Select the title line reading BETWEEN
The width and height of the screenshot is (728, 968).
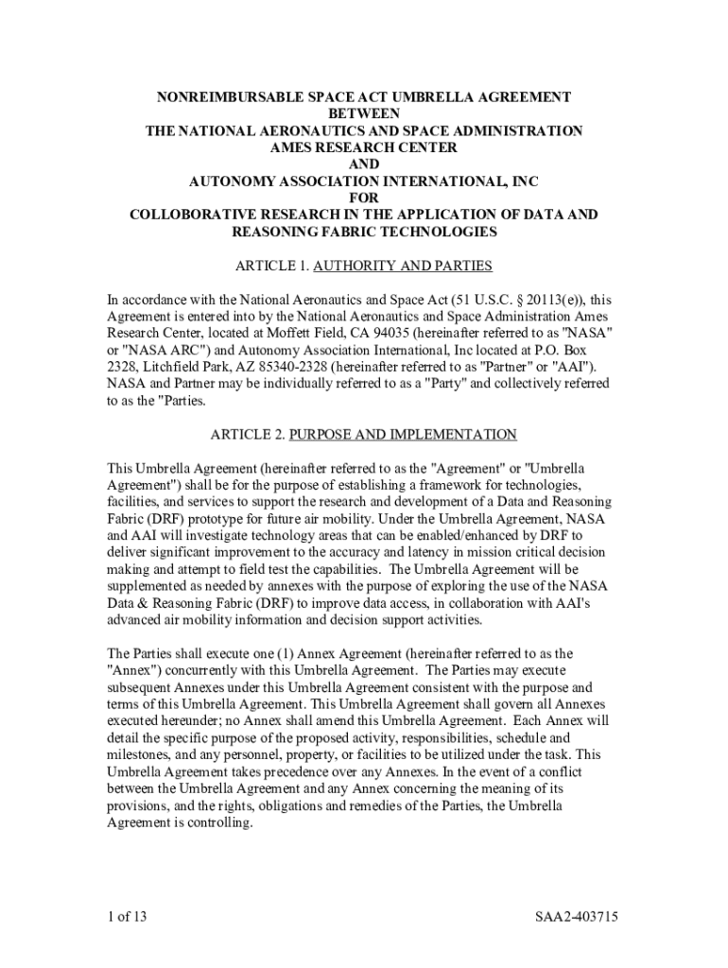coord(364,113)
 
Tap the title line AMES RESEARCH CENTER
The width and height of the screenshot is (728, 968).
coord(364,147)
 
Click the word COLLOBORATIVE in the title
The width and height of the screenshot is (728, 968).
coord(194,215)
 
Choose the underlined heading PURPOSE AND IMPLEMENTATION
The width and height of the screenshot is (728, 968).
coord(403,435)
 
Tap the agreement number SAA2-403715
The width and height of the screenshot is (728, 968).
coord(576,917)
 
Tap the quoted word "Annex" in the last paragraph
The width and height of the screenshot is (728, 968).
coord(137,670)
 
